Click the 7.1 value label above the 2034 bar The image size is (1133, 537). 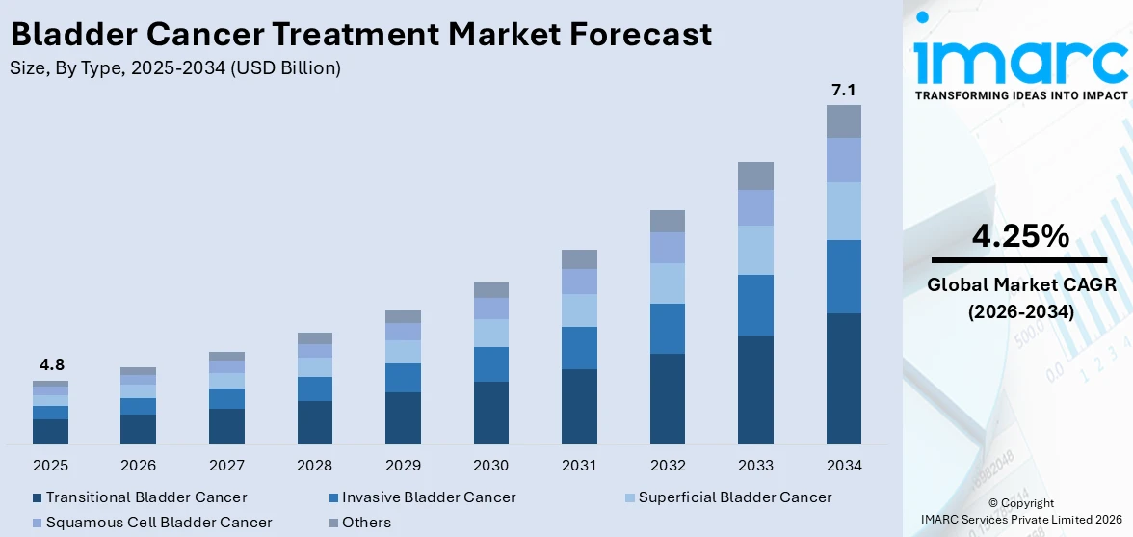click(x=843, y=91)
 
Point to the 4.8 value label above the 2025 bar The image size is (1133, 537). click(x=50, y=365)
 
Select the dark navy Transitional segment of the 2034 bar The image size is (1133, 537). click(x=843, y=378)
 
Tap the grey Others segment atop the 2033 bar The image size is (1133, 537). click(x=755, y=175)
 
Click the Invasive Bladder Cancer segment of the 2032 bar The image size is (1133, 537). click(x=667, y=329)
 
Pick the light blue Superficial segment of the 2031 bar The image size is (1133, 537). click(x=579, y=310)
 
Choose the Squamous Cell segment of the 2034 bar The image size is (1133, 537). click(x=843, y=160)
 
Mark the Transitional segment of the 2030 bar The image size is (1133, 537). click(x=490, y=413)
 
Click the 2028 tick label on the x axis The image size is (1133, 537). click(x=314, y=466)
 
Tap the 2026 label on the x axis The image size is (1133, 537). click(x=138, y=466)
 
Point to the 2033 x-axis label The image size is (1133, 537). click(x=755, y=466)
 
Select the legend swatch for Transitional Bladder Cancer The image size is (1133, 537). click(x=37, y=497)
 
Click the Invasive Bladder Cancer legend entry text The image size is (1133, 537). click(x=429, y=497)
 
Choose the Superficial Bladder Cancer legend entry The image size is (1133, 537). click(x=735, y=497)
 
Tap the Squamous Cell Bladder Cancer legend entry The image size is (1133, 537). click(x=159, y=523)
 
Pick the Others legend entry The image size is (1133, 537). click(x=367, y=523)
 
